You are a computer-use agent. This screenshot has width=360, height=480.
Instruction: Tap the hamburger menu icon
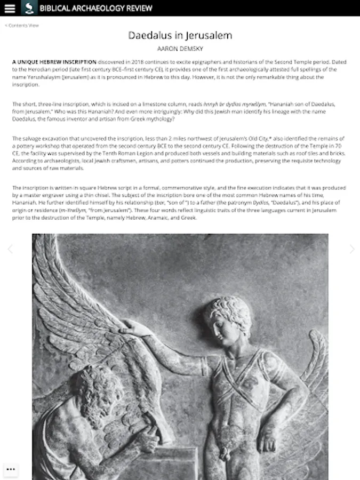(10, 8)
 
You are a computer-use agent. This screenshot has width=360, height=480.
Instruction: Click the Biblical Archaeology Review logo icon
(29, 8)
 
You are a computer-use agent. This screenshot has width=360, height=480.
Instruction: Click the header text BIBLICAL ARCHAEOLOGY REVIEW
(95, 8)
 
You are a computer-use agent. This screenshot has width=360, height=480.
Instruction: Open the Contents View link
(22, 25)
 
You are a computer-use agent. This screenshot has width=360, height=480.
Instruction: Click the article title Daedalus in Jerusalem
(180, 36)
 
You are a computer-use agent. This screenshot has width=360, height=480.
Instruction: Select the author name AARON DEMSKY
(180, 49)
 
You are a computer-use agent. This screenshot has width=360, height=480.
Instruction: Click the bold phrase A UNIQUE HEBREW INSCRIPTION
(54, 62)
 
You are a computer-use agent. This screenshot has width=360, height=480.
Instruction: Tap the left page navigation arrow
(10, 249)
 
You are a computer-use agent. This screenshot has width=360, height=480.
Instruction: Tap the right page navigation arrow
(351, 249)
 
